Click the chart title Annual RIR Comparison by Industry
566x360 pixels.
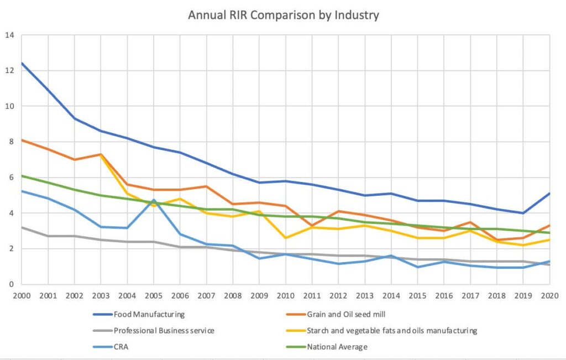point(283,15)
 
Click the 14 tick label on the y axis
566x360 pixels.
point(9,35)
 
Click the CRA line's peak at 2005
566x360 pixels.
point(154,200)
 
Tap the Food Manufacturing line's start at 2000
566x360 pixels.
point(22,63)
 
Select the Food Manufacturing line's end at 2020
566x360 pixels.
point(549,194)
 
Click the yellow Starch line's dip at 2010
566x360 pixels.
point(286,238)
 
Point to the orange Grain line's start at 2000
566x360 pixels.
point(22,140)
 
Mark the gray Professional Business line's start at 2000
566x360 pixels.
point(22,227)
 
